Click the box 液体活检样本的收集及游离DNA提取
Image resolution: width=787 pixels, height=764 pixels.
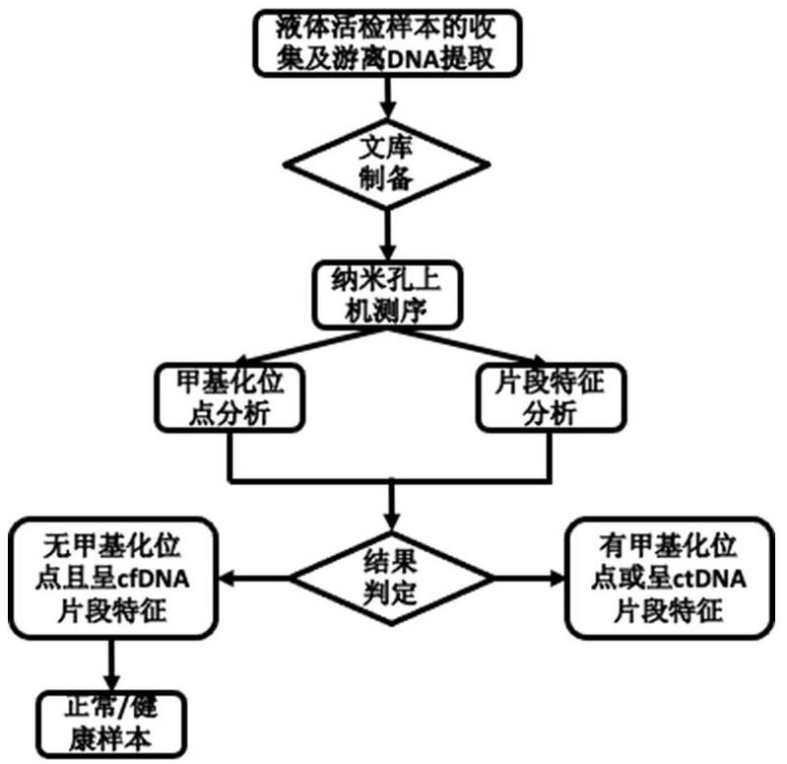click(391, 42)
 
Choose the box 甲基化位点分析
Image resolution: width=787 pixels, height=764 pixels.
click(228, 397)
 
